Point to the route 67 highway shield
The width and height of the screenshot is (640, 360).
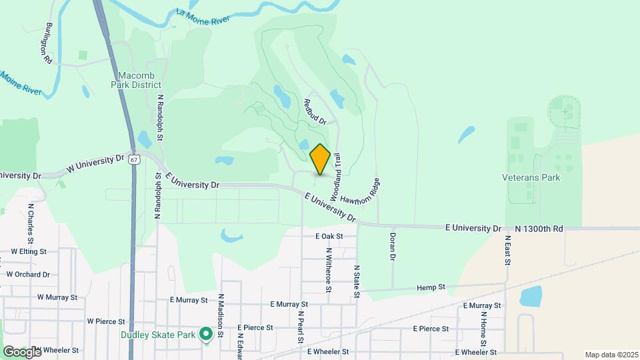pos(135,160)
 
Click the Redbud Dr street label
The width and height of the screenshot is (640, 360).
pos(314,111)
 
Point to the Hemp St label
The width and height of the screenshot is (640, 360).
pos(431,287)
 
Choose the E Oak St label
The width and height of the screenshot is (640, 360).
pos(329,236)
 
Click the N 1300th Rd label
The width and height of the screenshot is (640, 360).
pos(539,229)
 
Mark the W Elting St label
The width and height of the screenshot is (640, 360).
pos(29,252)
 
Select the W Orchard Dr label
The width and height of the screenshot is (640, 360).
pos(28,274)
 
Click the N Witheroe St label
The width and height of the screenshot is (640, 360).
pos(329,270)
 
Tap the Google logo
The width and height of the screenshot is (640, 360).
pos(22,351)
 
